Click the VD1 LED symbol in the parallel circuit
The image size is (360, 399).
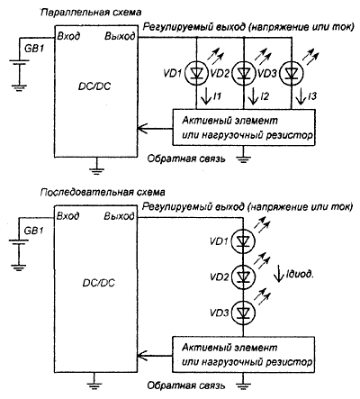click(196, 73)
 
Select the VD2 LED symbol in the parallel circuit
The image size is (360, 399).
click(244, 73)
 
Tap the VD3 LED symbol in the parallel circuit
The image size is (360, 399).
click(291, 73)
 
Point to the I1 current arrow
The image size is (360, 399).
click(206, 96)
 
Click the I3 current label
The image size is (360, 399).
click(312, 96)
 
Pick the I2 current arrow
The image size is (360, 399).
click(254, 96)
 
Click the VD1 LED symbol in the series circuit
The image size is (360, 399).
click(243, 240)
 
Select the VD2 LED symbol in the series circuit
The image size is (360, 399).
click(243, 277)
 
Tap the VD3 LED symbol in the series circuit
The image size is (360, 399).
click(243, 313)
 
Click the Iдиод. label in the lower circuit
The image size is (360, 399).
click(300, 274)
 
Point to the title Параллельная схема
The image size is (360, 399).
click(91, 13)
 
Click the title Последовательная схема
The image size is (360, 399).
click(103, 192)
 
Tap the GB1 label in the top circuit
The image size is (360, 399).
click(33, 48)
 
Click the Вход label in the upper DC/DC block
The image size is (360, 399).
click(68, 36)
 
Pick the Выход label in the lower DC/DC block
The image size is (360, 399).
click(120, 216)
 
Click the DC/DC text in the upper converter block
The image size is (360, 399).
click(94, 86)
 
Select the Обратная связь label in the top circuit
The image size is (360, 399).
click(186, 159)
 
